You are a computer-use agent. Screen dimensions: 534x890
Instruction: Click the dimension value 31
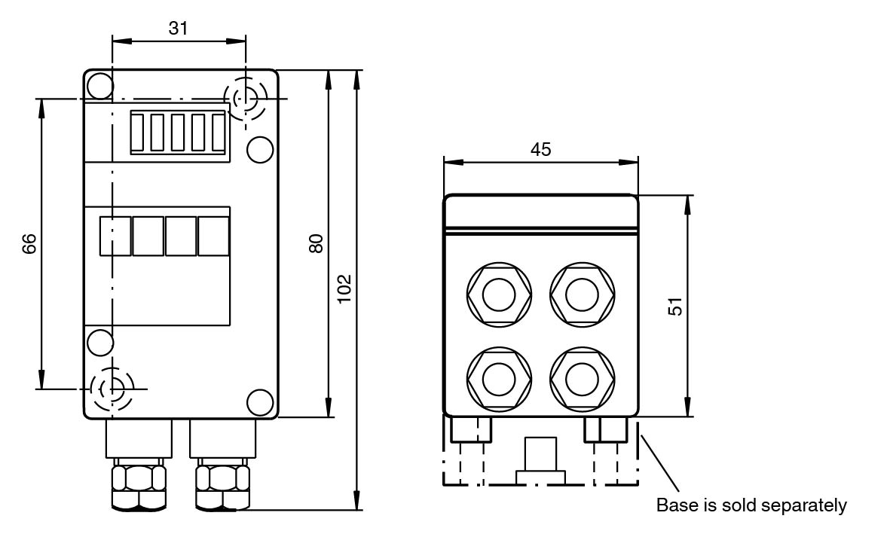click(x=178, y=28)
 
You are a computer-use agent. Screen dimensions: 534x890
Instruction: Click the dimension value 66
click(x=29, y=244)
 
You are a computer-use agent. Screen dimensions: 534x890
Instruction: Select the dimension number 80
click(x=317, y=243)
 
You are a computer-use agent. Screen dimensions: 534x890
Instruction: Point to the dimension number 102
click(x=344, y=288)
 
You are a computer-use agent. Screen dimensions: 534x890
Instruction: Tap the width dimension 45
click(x=540, y=149)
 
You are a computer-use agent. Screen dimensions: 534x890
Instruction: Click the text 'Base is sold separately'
click(x=751, y=505)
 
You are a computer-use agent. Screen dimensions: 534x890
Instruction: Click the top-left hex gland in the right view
click(x=498, y=294)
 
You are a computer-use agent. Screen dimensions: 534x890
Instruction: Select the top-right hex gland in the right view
click(x=581, y=294)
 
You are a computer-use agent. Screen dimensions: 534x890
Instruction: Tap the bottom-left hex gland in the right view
click(x=498, y=377)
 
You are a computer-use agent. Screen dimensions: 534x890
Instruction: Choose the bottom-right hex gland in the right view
click(x=581, y=377)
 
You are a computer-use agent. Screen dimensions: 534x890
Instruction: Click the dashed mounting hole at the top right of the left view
click(x=246, y=99)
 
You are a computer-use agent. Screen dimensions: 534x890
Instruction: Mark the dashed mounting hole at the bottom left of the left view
click(x=112, y=389)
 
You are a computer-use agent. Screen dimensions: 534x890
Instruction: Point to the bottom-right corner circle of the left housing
click(x=260, y=402)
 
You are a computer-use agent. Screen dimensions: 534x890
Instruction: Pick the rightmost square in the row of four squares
click(x=213, y=236)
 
